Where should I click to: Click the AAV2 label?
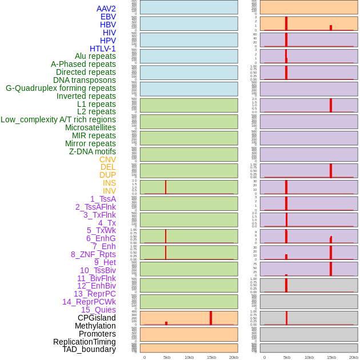106,9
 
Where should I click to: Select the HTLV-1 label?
102,49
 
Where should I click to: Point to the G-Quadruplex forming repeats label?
61,88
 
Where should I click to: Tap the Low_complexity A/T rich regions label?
58,119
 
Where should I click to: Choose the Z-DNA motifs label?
92,151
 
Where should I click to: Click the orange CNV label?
107,159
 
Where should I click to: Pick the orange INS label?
109,183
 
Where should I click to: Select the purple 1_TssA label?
103,199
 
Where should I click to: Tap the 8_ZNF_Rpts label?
93,254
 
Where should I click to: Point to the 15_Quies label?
98,310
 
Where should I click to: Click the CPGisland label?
97,318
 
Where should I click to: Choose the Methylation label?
95,326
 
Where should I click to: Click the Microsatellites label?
90,127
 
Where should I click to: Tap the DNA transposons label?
85,80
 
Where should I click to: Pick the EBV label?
108,17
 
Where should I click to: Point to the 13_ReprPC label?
94,294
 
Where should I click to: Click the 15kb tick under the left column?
211,357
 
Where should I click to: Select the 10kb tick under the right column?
309,357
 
